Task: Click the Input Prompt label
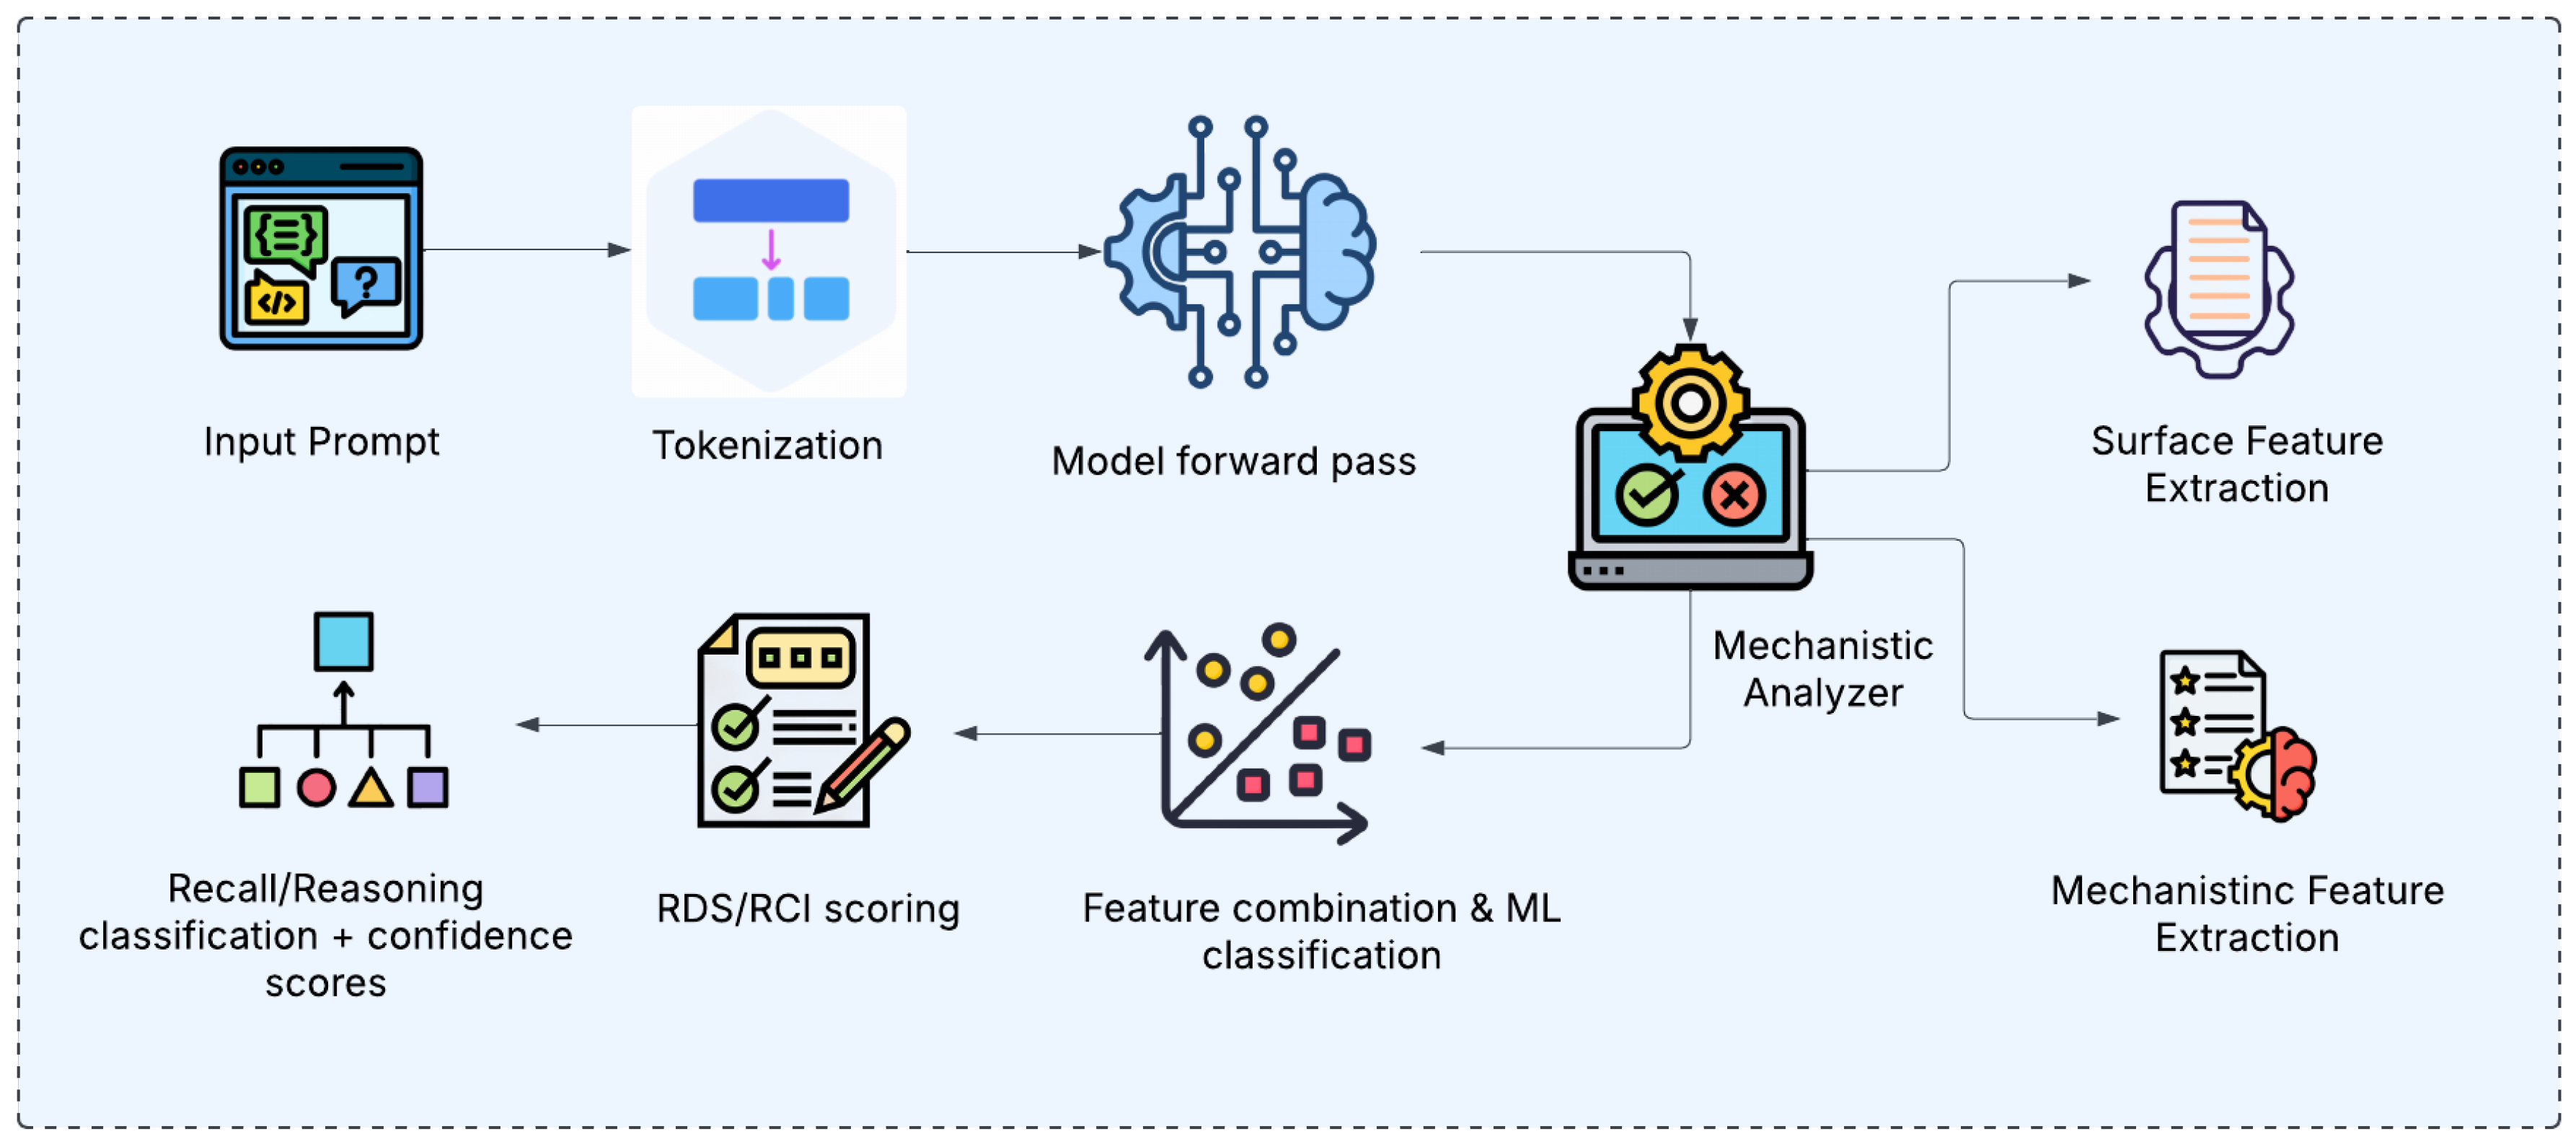click(x=321, y=441)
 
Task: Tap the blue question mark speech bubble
click(x=366, y=283)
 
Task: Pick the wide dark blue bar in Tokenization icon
click(x=771, y=200)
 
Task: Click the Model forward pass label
click(x=1233, y=461)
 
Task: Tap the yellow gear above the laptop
click(x=1690, y=403)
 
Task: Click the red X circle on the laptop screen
click(x=1734, y=494)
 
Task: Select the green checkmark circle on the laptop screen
click(x=1646, y=494)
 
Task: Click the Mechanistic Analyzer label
click(x=1822, y=668)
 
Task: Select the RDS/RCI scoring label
click(x=808, y=908)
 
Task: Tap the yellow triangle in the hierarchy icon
click(x=371, y=788)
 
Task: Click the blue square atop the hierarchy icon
click(x=344, y=641)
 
